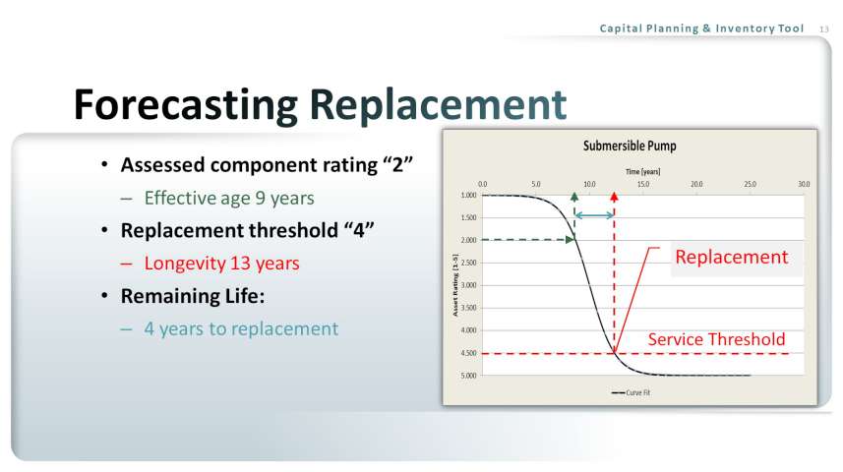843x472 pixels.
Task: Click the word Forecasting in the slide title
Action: [186, 106]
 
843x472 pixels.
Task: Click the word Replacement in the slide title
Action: [438, 104]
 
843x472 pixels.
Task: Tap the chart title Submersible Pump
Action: [630, 146]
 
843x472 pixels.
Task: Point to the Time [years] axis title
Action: [642, 171]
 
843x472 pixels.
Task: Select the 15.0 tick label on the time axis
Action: [643, 184]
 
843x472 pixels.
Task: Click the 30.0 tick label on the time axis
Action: [804, 184]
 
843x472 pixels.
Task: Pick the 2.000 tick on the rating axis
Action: [469, 240]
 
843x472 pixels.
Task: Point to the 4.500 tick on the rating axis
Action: [469, 353]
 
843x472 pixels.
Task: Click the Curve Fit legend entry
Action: [631, 393]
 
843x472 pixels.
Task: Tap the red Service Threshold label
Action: [716, 339]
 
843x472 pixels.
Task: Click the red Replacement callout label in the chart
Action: [731, 257]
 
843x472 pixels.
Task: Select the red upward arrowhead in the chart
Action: [614, 198]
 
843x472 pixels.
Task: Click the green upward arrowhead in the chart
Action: [574, 198]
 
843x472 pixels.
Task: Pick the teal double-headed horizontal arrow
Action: [594, 215]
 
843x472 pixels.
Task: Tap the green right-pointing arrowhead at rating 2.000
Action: [570, 240]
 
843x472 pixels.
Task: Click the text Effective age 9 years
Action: [229, 199]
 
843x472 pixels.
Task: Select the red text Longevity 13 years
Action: [221, 264]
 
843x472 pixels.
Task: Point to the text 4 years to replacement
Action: [241, 328]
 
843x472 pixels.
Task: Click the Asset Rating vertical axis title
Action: [455, 285]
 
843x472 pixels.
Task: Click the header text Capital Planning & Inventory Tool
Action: [701, 29]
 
